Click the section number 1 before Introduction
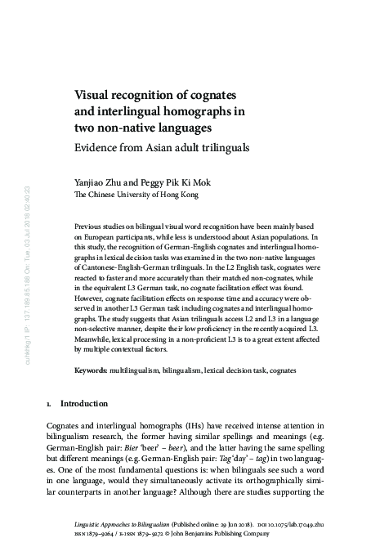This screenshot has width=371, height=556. pyautogui.click(x=48, y=403)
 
